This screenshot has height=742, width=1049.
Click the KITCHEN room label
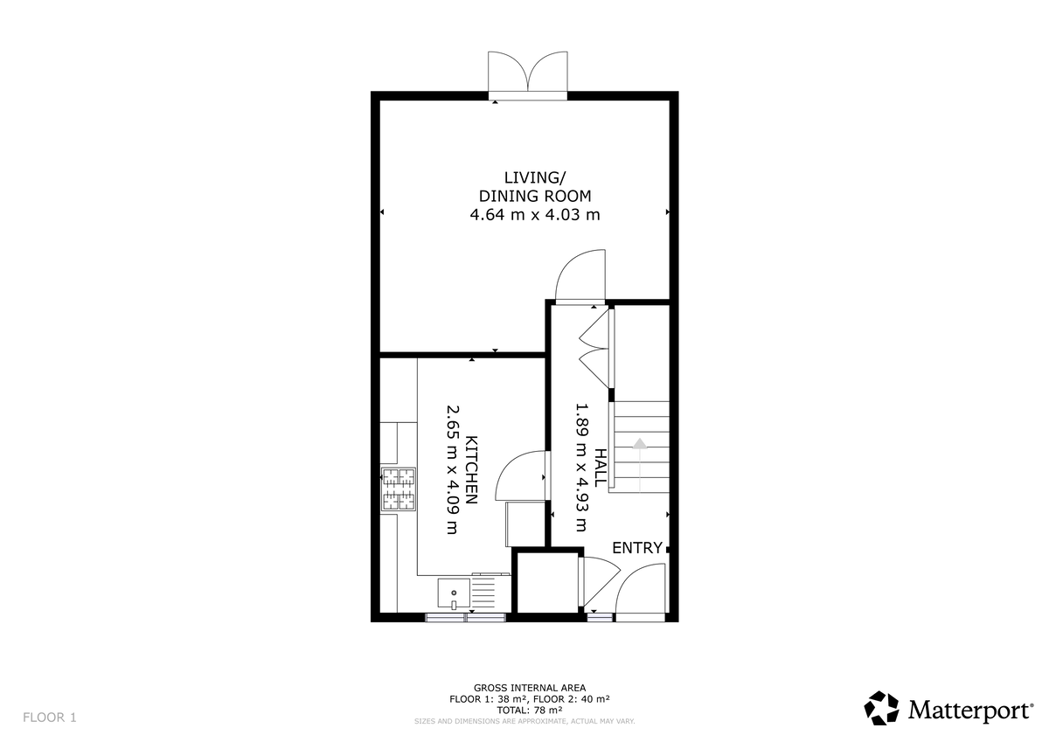(x=471, y=470)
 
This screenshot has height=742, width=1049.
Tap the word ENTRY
(x=636, y=548)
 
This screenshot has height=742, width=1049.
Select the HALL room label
(x=600, y=468)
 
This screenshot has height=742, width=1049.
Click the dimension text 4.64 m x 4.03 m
(x=535, y=214)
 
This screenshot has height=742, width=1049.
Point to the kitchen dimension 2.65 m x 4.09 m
(x=452, y=468)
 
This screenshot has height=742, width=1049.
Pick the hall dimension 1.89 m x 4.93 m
(x=580, y=468)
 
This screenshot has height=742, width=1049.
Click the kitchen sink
(x=454, y=593)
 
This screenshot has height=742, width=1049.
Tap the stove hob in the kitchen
(x=398, y=489)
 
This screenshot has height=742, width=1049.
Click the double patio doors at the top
(x=528, y=73)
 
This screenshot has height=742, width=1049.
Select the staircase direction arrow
(x=639, y=446)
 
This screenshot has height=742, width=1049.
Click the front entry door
(x=643, y=592)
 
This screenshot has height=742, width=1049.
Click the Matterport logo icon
(x=881, y=708)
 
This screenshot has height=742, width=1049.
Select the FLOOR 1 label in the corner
(x=50, y=718)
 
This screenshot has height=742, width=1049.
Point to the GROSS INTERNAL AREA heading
(x=529, y=689)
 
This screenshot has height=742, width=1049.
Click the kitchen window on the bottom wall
(x=465, y=617)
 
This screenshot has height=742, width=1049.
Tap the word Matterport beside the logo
(x=969, y=710)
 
